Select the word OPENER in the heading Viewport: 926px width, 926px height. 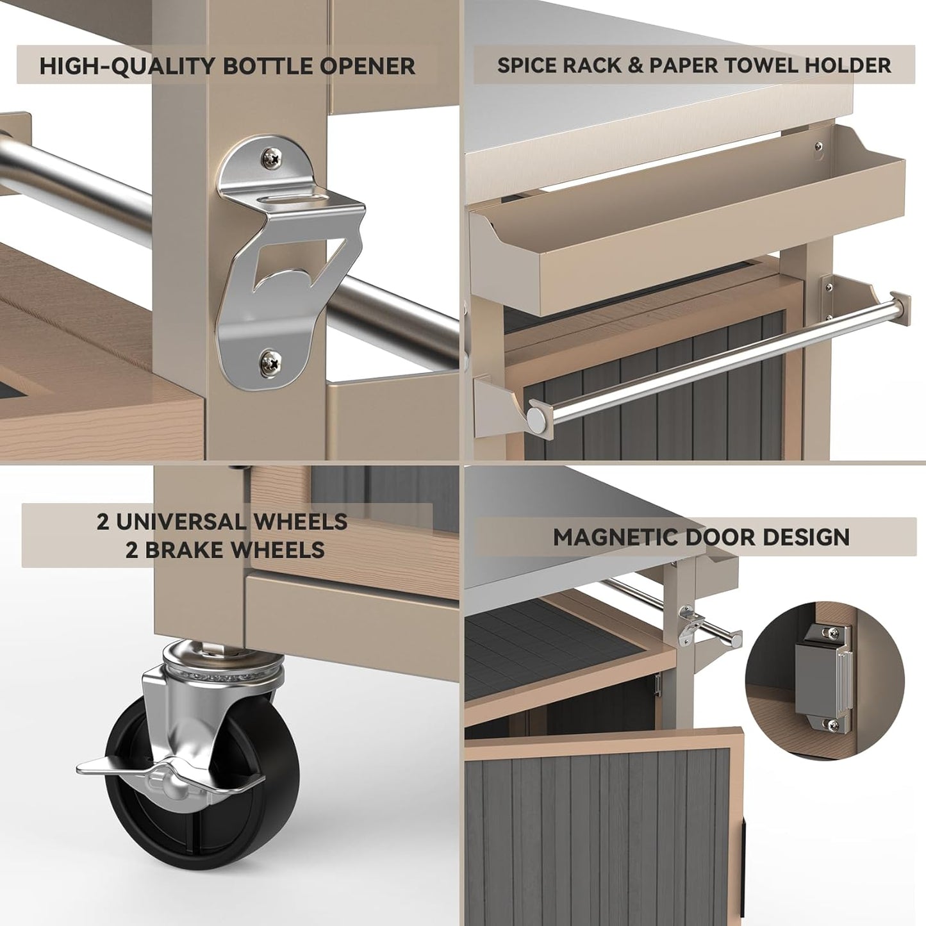pyautogui.click(x=370, y=66)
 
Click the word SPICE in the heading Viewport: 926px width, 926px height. pyautogui.click(x=525, y=65)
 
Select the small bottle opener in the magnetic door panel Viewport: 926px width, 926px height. pyautogui.click(x=689, y=624)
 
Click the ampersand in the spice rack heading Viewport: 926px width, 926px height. pyautogui.click(x=636, y=65)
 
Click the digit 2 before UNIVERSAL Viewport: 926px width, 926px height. pyautogui.click(x=103, y=522)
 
